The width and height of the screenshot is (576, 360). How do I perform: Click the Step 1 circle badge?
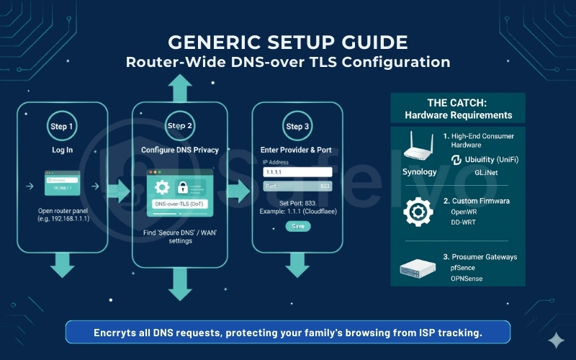pos(61,126)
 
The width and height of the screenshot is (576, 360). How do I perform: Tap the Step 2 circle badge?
pos(179,126)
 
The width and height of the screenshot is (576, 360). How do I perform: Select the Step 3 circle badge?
pos(294,126)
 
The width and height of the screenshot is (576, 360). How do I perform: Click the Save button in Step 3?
pos(297,226)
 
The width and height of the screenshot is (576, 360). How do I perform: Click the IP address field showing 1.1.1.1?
pos(297,172)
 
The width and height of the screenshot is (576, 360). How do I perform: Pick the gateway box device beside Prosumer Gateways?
pos(419,269)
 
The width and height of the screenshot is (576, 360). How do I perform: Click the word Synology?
pos(419,172)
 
